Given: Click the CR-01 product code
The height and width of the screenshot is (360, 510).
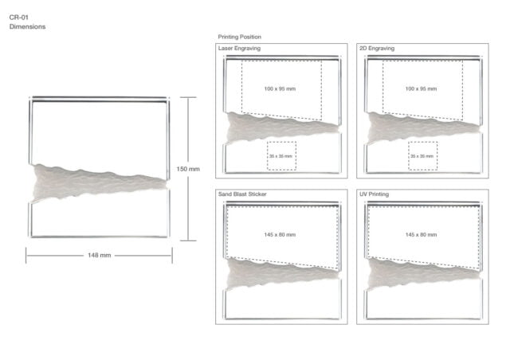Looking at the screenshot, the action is (19, 18).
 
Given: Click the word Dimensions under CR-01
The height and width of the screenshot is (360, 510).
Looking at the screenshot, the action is (27, 26).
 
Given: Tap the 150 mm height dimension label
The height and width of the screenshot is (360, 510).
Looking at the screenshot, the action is (188, 169).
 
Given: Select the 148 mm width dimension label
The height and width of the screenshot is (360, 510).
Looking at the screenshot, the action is (99, 256).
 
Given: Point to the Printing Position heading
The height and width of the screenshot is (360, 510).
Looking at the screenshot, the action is (239, 37).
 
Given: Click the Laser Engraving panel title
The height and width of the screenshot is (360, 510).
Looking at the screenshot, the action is (239, 48).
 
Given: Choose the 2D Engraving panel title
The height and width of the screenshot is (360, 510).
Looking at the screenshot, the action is (377, 48).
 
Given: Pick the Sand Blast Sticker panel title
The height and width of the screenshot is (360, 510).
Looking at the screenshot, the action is (242, 194).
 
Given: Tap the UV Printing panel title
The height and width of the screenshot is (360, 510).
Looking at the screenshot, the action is (374, 194).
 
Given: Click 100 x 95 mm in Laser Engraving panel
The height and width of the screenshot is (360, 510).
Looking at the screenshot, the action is (280, 88).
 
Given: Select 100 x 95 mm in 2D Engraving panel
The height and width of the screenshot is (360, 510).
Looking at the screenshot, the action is (421, 88).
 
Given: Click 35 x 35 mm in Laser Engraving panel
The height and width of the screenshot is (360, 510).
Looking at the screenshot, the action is (280, 156).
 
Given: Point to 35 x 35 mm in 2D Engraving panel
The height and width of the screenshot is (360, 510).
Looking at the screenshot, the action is (422, 156).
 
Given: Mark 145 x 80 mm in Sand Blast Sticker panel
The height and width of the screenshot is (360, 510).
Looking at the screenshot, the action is (280, 234).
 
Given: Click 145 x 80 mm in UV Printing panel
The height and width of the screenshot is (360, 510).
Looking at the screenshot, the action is (421, 234).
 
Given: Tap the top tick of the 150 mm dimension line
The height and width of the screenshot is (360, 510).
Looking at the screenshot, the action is (188, 97).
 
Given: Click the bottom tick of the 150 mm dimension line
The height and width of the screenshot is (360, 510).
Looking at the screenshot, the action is (188, 241).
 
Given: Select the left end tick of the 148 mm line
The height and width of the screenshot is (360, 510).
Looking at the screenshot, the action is (26, 256).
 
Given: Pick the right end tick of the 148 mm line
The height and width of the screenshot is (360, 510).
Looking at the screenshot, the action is (172, 256).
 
